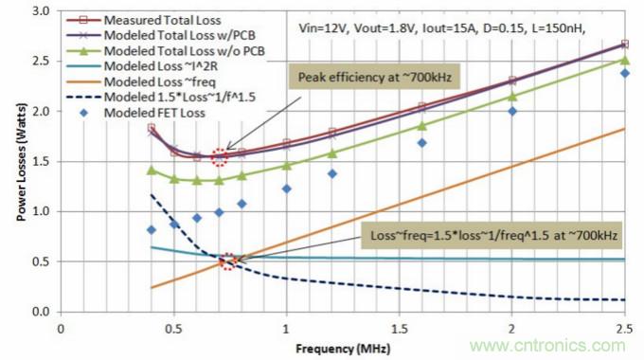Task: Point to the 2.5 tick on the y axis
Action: tap(43, 61)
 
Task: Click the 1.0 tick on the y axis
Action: tap(43, 211)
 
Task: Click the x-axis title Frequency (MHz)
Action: tap(343, 348)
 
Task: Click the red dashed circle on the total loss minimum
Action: tap(220, 157)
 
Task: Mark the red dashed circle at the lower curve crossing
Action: tap(228, 261)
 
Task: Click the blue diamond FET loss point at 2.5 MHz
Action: tap(624, 73)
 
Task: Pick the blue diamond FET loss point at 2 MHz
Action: tap(512, 111)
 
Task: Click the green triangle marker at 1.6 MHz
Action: tap(422, 125)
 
